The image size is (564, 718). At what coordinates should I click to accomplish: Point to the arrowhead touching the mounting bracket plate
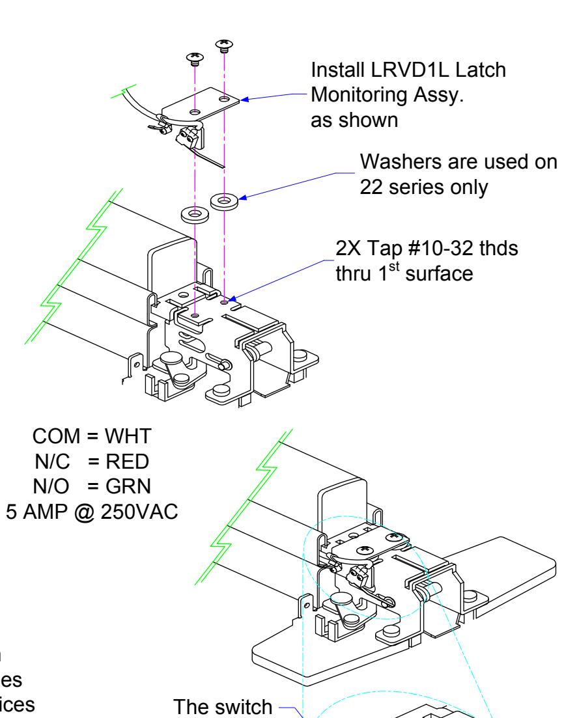(x=244, y=100)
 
